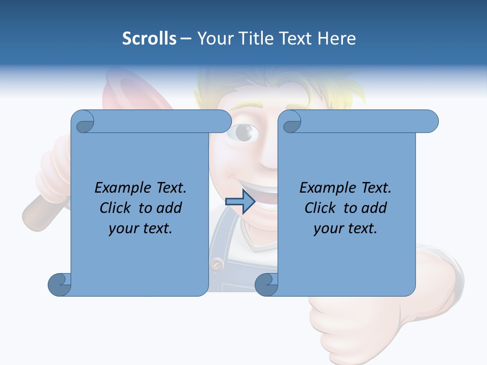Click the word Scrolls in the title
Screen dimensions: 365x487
(x=149, y=39)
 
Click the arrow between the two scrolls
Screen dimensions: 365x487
(x=240, y=201)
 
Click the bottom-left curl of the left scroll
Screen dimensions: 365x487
(x=60, y=284)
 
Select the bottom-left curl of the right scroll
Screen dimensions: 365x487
(x=266, y=284)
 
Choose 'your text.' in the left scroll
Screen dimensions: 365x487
(x=140, y=228)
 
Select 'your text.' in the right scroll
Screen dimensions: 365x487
(x=345, y=228)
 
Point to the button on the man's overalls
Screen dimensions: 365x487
(x=217, y=264)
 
